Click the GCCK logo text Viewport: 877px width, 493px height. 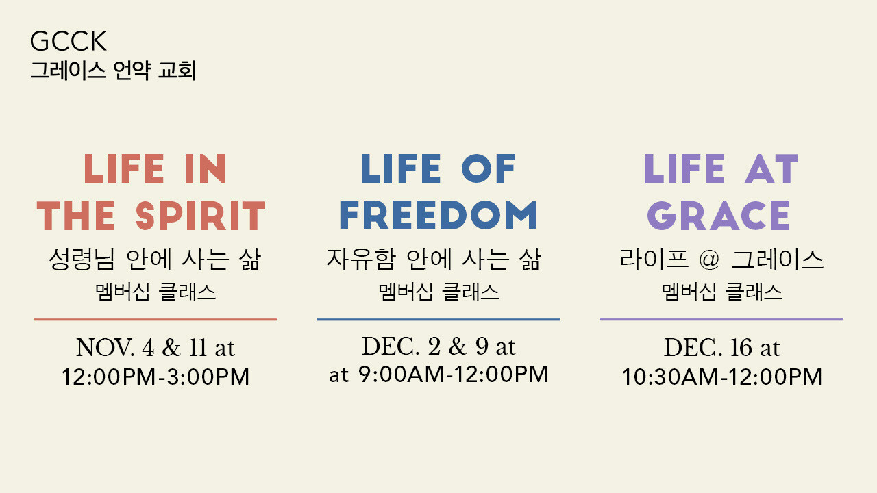pos(68,41)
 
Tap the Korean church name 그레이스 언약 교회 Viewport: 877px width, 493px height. pos(113,71)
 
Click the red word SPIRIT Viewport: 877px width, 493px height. pos(201,216)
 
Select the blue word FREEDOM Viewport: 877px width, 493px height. pos(438,215)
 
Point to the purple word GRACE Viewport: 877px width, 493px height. pos(719,216)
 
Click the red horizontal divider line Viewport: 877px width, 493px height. pos(155,320)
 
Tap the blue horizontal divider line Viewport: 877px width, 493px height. pos(438,320)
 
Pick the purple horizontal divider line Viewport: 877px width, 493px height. pos(721,320)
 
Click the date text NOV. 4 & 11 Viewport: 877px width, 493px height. pos(141,347)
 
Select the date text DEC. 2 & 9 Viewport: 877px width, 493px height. pos(425,346)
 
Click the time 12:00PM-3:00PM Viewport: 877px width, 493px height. pos(156,377)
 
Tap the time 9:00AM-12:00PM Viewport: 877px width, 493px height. pos(453,374)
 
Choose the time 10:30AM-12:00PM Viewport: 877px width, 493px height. pos(722,377)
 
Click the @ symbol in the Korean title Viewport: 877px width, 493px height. pos(709,260)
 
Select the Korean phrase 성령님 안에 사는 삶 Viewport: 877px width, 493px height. pos(155,259)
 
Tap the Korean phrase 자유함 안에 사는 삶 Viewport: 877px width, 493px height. pos(434,259)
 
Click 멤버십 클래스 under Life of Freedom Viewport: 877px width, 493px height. pos(438,292)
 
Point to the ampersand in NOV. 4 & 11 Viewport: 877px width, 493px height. pos(171,347)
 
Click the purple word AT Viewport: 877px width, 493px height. pos(771,168)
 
